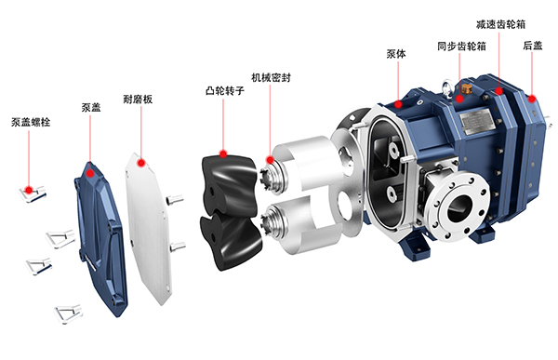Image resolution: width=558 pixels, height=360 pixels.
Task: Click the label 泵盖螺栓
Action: click(31, 122)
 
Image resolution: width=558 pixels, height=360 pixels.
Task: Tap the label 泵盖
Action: click(91, 107)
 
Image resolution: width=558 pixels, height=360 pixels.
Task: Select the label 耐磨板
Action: click(138, 99)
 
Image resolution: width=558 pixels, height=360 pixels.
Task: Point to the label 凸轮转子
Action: click(225, 91)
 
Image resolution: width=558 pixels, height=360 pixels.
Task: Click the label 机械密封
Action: click(271, 77)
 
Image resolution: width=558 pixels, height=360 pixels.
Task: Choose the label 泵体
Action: click(396, 54)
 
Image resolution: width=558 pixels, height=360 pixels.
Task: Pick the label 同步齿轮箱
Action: click(461, 47)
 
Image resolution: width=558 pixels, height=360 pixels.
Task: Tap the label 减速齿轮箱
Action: click(500, 24)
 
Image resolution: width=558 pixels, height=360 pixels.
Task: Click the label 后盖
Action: click(533, 46)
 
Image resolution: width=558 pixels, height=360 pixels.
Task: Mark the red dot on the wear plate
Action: click(141, 163)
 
